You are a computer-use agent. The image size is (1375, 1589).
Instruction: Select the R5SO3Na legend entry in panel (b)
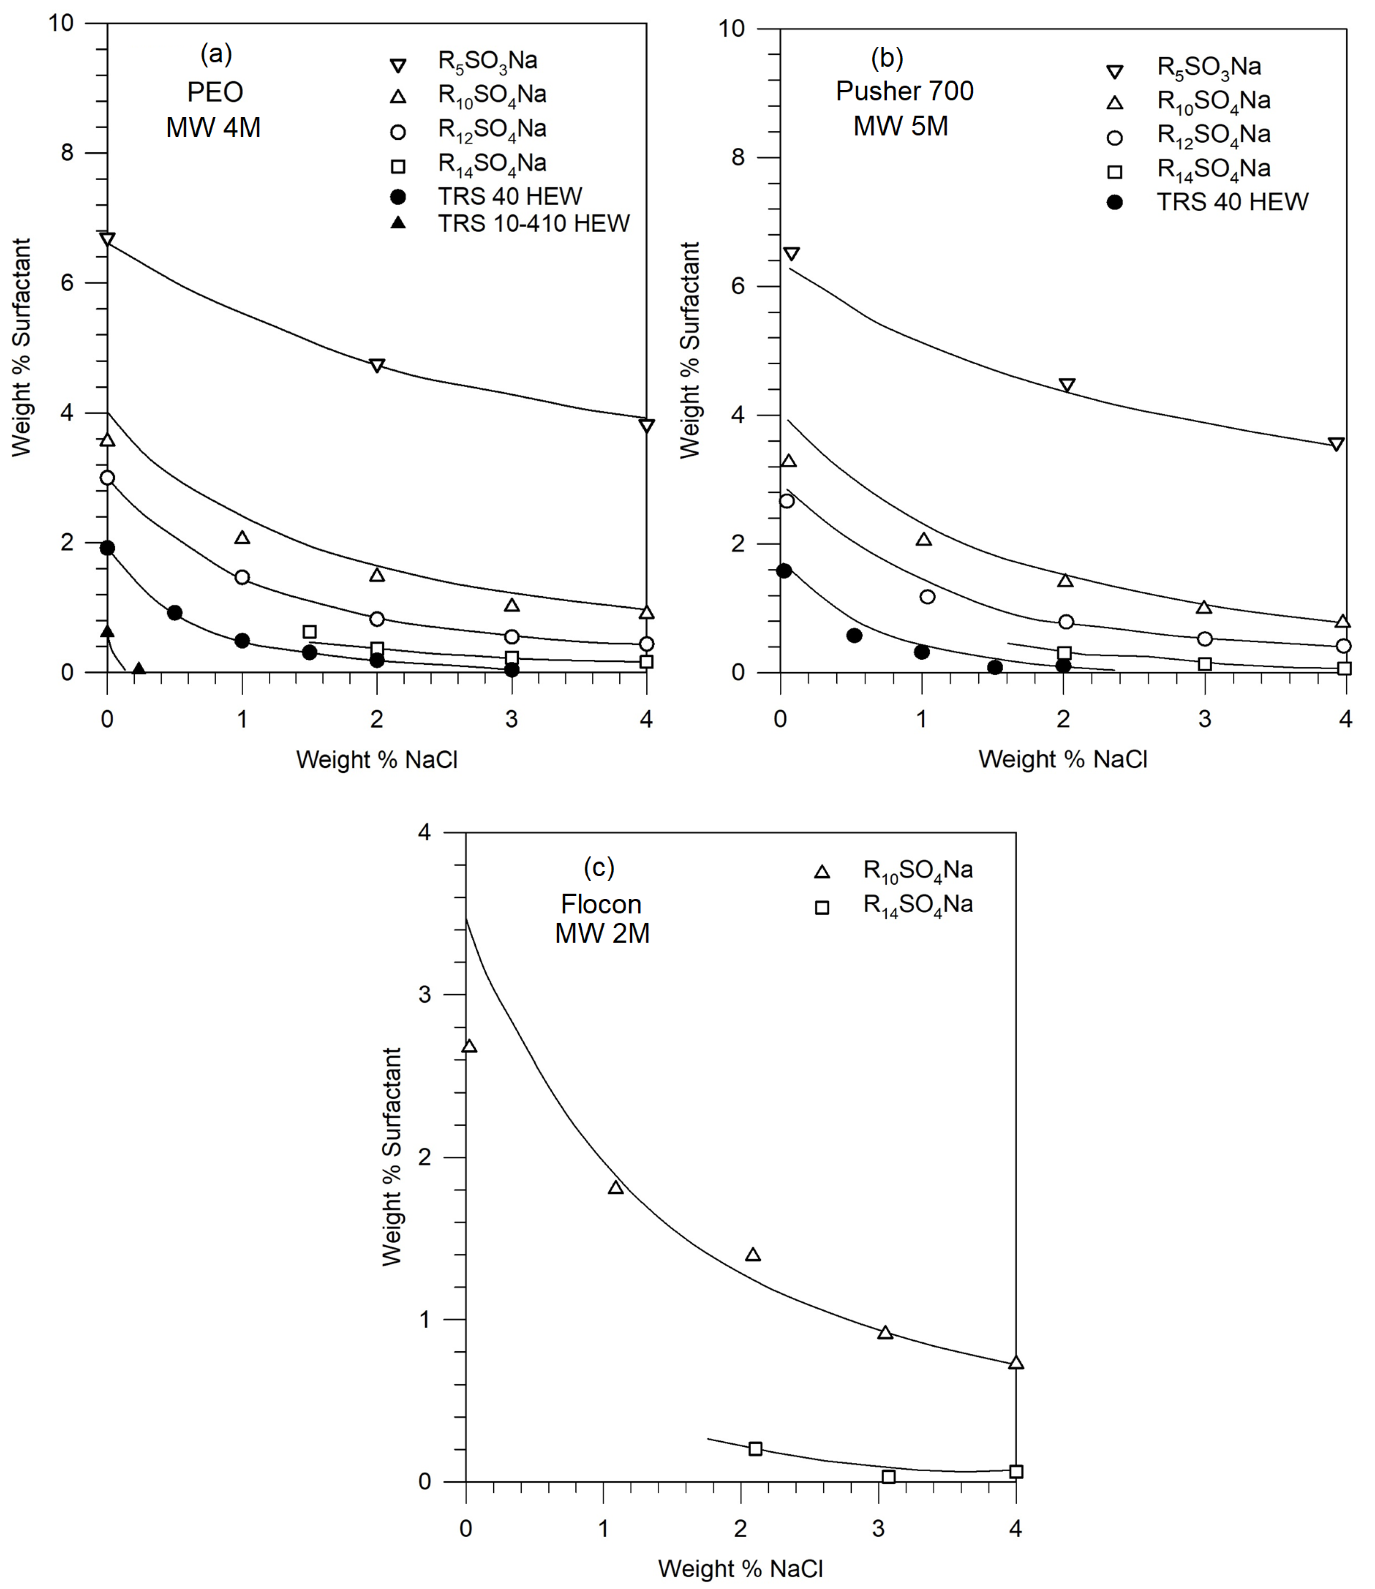(1208, 68)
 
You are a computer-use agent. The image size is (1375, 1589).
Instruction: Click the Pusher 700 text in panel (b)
(904, 91)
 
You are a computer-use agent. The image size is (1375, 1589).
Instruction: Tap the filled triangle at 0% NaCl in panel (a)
(107, 631)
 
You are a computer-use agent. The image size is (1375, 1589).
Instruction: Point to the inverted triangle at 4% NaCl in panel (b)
(1336, 444)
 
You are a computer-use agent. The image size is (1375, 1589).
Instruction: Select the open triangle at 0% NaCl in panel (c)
(469, 1047)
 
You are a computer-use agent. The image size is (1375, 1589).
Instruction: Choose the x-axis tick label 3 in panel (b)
(1205, 719)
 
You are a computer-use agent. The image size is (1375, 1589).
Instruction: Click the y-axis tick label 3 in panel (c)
(425, 995)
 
